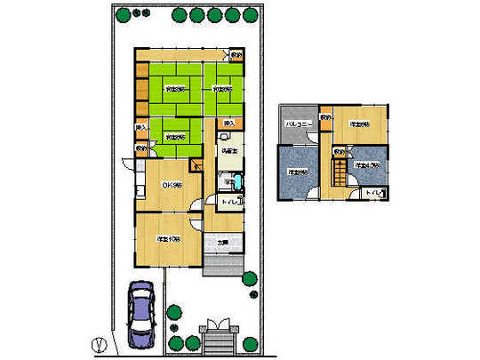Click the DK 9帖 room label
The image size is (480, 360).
[x=171, y=185]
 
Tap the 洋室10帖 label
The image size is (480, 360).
[x=169, y=239]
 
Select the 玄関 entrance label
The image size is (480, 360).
[x=223, y=241]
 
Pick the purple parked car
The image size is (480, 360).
[x=142, y=314]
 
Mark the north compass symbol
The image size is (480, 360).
[x=100, y=341]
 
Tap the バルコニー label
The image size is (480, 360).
[x=296, y=124]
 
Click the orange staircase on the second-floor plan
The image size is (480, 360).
[x=339, y=169]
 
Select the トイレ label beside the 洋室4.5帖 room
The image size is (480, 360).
[x=377, y=192]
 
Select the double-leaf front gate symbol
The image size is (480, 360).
[x=217, y=325]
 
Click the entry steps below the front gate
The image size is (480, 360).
[x=217, y=341]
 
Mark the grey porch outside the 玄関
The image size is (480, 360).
[x=223, y=264]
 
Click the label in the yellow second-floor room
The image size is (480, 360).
[x=360, y=124]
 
